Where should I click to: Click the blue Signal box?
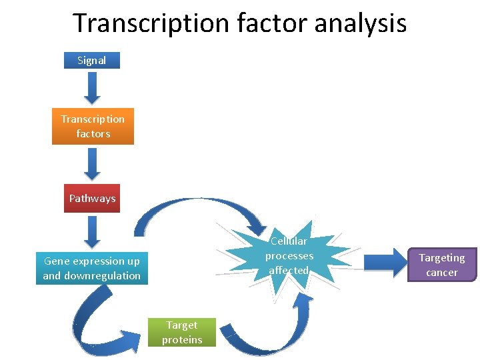click(92, 60)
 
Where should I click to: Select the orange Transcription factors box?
click(93, 126)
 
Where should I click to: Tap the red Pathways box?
click(92, 198)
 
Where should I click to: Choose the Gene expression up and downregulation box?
click(92, 268)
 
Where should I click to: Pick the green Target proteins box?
click(182, 332)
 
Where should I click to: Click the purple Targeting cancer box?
click(442, 265)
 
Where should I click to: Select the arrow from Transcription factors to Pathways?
click(93, 163)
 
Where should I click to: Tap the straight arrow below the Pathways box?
click(93, 231)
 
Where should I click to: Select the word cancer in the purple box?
click(442, 272)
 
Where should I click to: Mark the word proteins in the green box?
click(182, 339)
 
